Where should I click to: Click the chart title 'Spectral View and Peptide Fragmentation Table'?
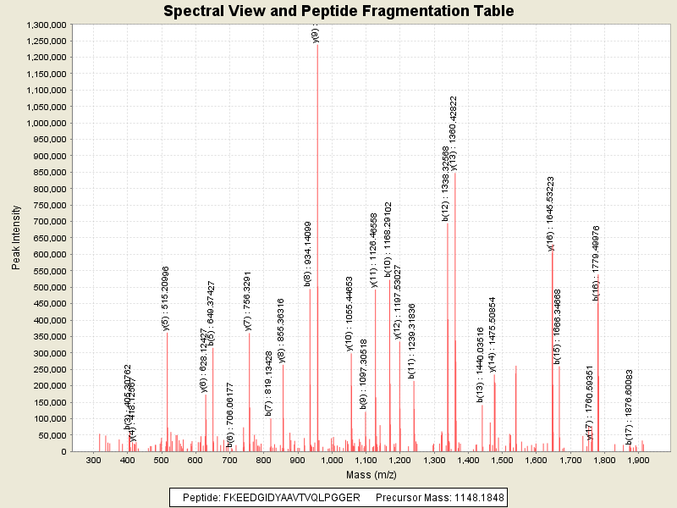338,11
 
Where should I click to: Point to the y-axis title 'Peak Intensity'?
16,238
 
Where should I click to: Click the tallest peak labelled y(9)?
317,246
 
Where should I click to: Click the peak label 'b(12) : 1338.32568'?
445,183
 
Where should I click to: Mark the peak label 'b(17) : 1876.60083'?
630,406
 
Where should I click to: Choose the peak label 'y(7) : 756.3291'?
248,298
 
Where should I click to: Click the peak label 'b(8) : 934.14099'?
308,253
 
